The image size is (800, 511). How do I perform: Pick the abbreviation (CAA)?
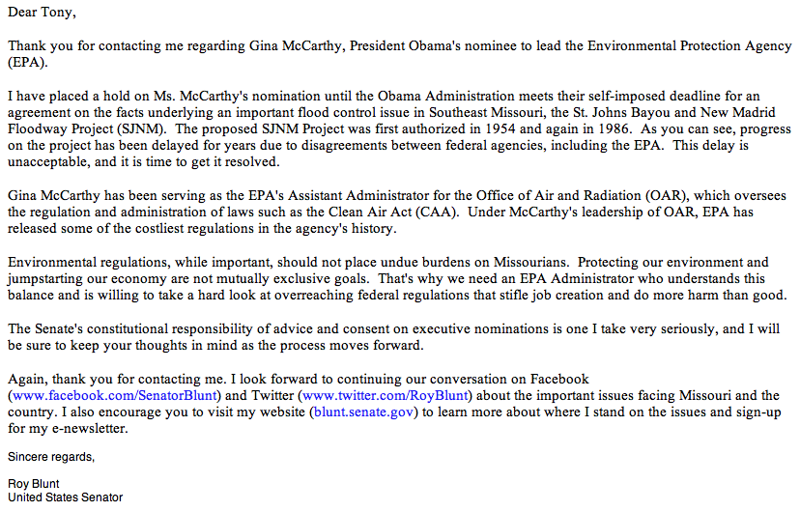(447, 213)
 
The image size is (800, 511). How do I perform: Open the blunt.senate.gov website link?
(361, 413)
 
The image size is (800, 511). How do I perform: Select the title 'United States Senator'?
(65, 497)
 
